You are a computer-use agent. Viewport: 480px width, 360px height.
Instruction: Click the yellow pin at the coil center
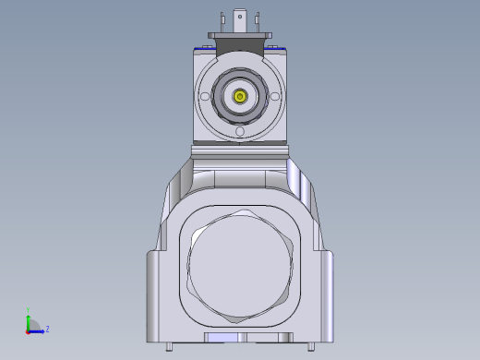coord(240,95)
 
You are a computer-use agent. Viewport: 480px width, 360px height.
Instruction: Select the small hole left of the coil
coord(204,96)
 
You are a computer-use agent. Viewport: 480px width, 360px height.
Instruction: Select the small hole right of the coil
coord(276,96)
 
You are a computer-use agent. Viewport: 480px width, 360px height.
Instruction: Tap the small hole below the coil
coord(240,131)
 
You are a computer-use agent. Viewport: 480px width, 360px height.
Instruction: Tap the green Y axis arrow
coord(28,318)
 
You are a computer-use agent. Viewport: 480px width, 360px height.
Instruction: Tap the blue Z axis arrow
coord(38,330)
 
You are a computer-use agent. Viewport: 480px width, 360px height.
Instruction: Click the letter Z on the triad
coord(47,329)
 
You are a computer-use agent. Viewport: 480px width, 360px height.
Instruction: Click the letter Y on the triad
coord(28,309)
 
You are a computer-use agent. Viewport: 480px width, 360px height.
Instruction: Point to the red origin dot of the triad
coord(28,330)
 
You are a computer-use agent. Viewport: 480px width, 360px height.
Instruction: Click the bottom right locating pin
coord(310,347)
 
